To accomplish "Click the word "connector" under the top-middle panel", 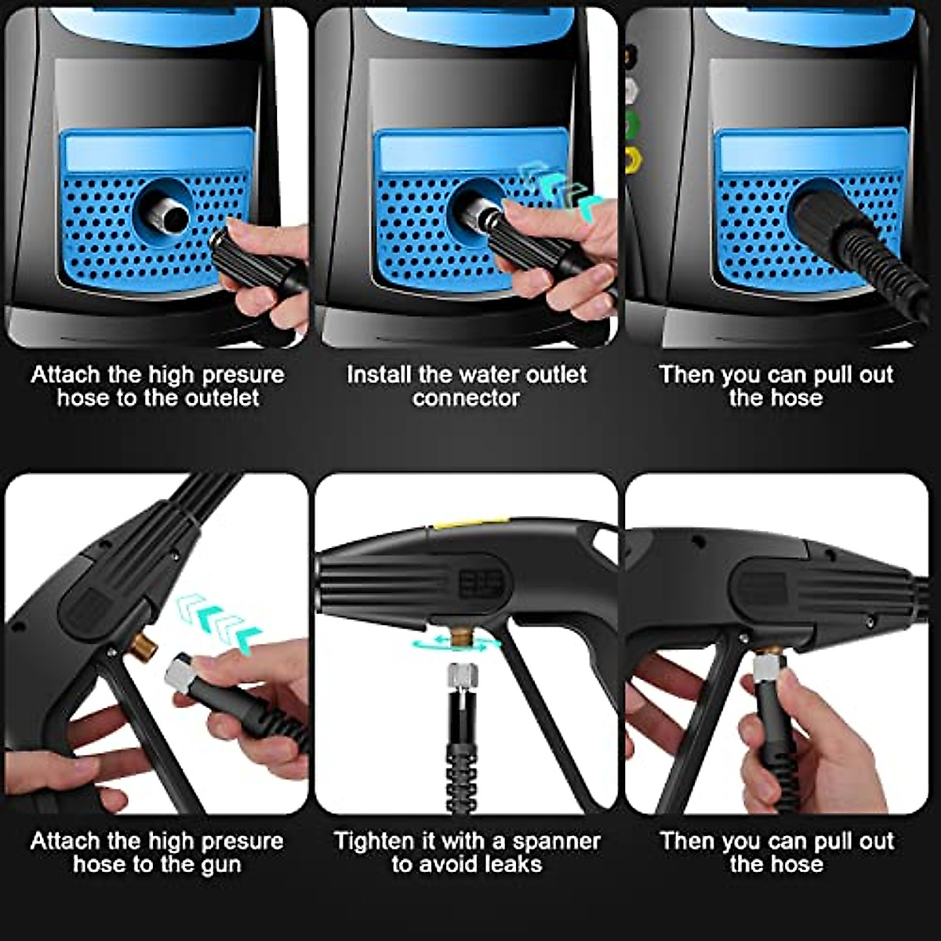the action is point(467,398).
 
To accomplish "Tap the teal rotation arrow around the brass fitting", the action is point(456,643).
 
